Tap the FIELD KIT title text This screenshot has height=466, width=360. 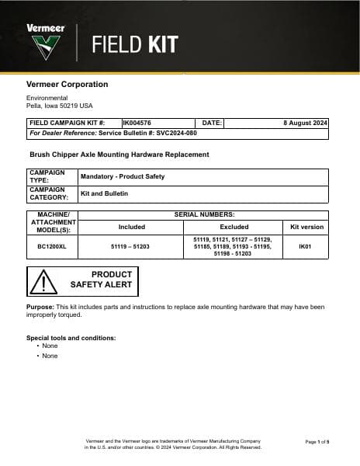[134, 44]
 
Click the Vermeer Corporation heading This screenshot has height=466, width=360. [67, 84]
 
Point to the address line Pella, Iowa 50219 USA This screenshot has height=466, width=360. [59, 105]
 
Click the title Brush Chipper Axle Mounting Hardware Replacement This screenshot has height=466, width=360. [119, 155]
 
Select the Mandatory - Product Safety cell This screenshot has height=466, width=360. [123, 176]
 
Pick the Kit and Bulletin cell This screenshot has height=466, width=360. [105, 193]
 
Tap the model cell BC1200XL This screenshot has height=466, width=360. [52, 245]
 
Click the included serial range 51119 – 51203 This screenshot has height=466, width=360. [130, 245]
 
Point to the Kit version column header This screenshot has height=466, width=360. [306, 227]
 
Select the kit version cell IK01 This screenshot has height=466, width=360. [306, 245]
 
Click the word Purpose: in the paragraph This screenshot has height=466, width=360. [40, 307]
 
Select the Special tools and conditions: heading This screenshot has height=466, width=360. [71, 338]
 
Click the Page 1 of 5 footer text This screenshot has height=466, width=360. [317, 441]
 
